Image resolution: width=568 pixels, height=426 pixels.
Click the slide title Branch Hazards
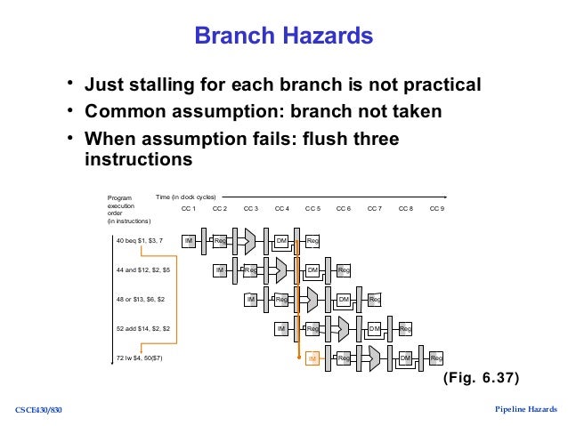click(283, 37)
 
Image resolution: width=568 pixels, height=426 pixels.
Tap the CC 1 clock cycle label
click(189, 209)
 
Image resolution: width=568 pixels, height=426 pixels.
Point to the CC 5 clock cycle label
click(312, 209)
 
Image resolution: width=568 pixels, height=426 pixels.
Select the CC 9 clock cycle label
click(436, 209)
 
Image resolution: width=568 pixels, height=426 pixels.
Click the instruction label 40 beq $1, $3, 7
click(140, 240)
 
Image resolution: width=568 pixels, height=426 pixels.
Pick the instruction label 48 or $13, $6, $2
click(141, 300)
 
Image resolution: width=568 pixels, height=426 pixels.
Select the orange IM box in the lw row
click(312, 358)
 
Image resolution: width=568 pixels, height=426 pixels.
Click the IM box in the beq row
click(189, 240)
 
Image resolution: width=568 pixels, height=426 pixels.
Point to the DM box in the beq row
click(281, 240)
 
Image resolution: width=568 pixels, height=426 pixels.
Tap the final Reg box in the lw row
click(436, 358)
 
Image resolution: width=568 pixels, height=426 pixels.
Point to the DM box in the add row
click(375, 329)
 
